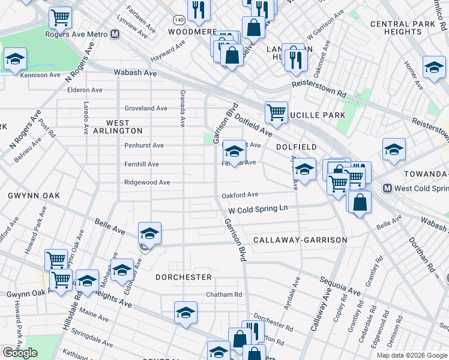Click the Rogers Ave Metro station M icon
click(115, 34)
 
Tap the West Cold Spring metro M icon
click(387, 188)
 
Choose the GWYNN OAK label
click(28, 196)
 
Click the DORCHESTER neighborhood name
click(184, 277)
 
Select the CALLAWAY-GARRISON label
click(300, 240)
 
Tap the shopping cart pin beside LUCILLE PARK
click(276, 112)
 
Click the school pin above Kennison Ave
click(15, 59)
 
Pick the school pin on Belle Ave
click(149, 233)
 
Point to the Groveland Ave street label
click(146, 109)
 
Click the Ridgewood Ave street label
click(147, 182)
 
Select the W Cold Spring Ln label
click(258, 209)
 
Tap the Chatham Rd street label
click(224, 295)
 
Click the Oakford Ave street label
click(240, 194)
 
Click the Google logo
click(20, 353)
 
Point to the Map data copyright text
click(412, 355)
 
